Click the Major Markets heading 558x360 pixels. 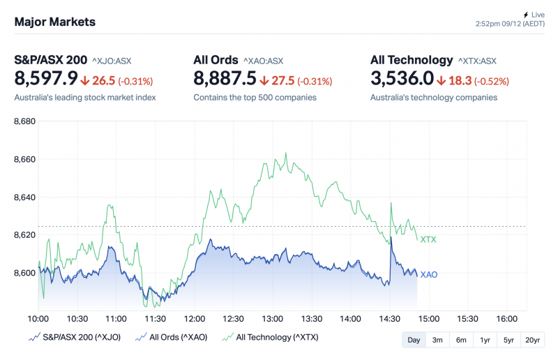55,22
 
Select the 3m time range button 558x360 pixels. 437,340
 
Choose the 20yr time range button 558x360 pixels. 532,340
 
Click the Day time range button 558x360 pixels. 414,340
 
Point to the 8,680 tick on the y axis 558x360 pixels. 25,122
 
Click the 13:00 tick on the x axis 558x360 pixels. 272,319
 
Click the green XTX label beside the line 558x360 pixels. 428,240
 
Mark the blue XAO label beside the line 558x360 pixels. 429,275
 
